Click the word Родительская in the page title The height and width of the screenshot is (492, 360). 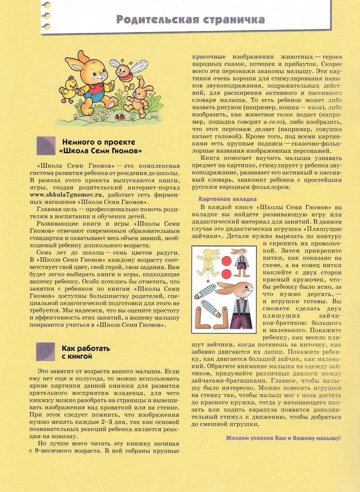[153, 20]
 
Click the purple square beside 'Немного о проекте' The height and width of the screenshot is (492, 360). [45, 145]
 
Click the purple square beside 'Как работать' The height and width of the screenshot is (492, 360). [45, 351]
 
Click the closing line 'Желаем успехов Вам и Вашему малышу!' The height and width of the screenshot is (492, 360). [283, 438]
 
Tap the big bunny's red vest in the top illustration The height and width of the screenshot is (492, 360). [93, 93]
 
